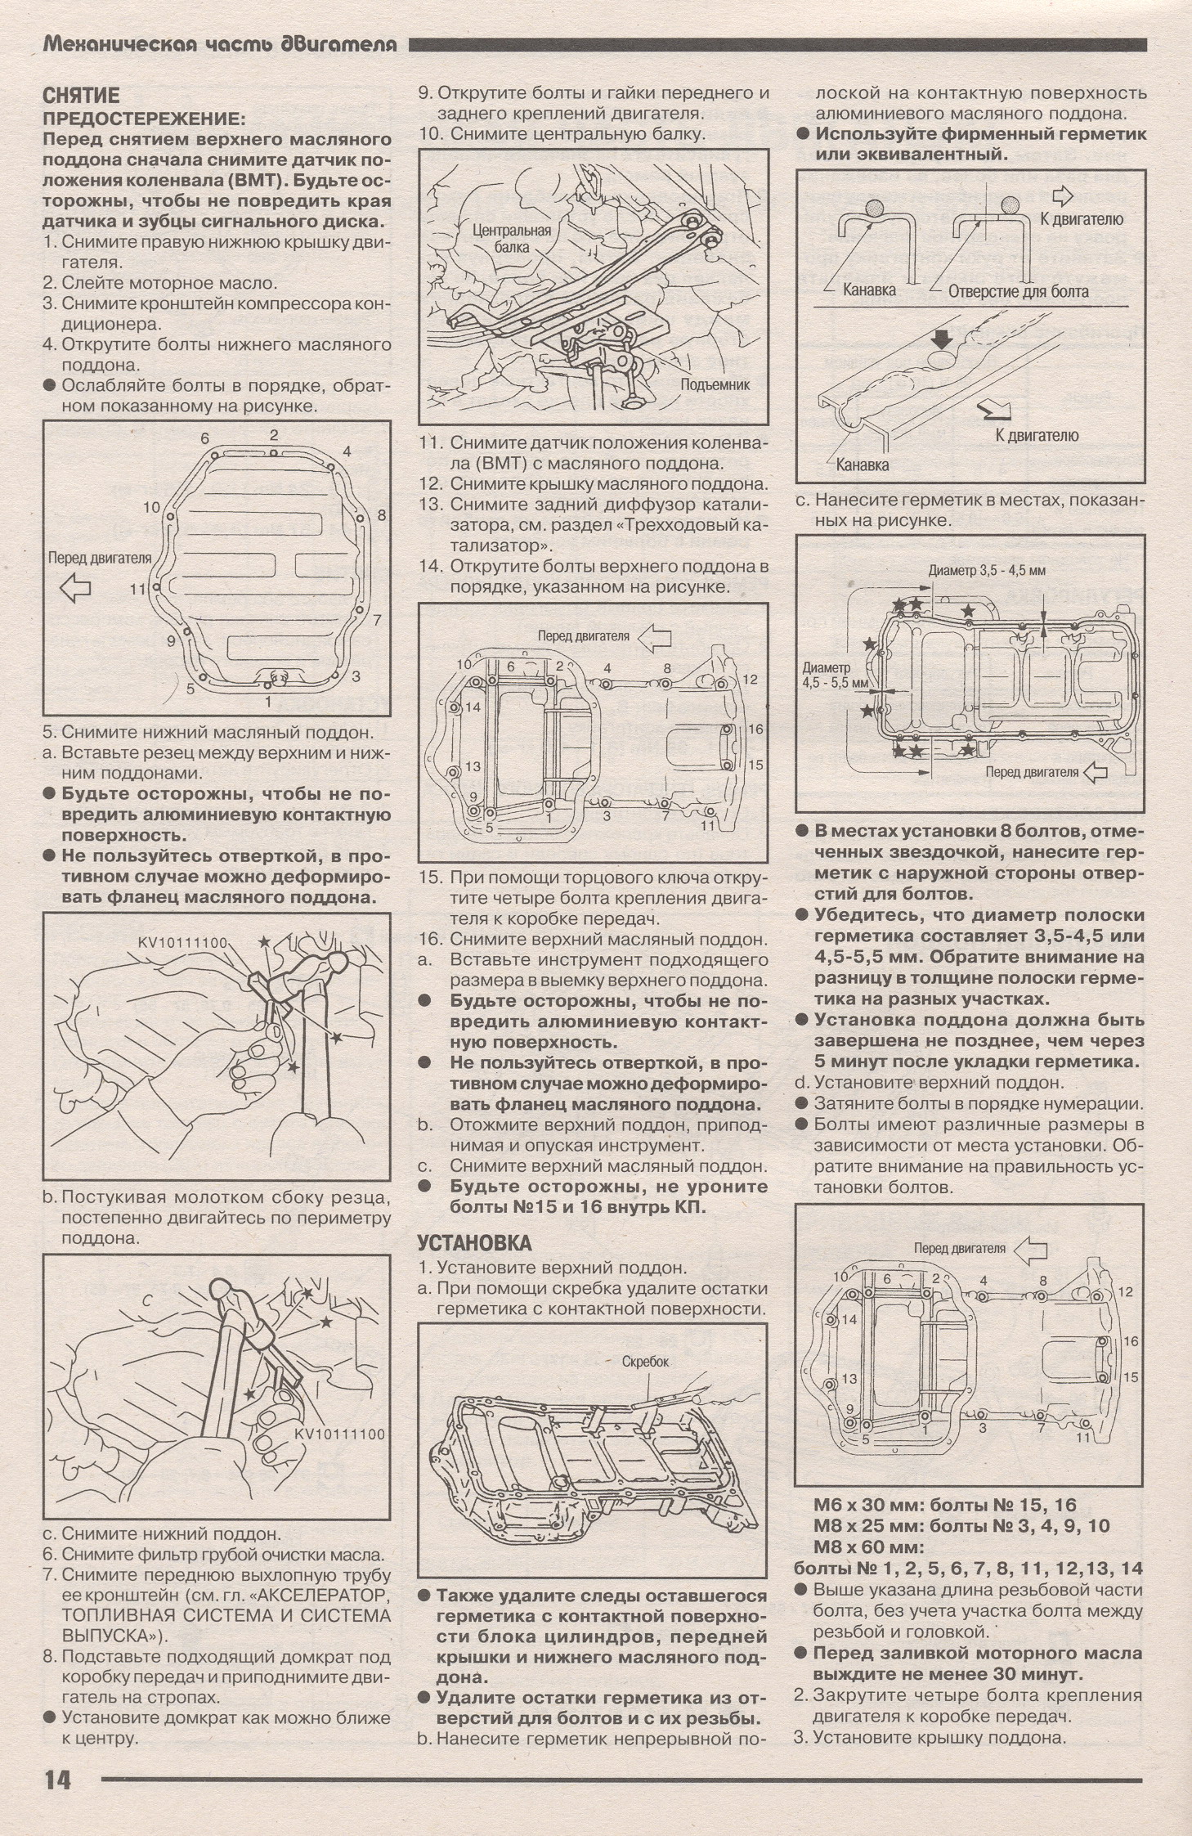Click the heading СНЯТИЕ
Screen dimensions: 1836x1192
[x=81, y=97]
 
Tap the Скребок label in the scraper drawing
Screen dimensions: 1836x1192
[x=645, y=1362]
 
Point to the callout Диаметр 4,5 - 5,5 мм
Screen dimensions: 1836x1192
[x=827, y=673]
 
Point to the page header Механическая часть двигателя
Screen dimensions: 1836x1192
[x=219, y=45]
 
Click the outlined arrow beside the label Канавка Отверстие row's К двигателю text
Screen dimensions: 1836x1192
[x=1061, y=196]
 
